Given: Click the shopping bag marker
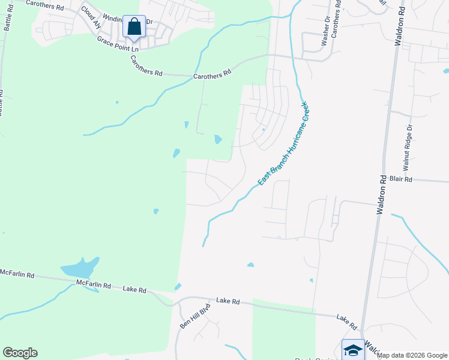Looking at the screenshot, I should [x=134, y=28].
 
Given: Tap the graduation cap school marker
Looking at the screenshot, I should [x=352, y=350].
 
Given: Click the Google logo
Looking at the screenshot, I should [x=20, y=353].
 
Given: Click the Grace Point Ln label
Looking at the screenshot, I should [x=118, y=44].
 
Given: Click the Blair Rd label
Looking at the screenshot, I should [x=401, y=179].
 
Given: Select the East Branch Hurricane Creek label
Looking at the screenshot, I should [x=283, y=143].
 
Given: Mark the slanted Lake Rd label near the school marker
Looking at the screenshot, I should [x=347, y=323].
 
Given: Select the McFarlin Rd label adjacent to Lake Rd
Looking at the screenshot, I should [x=94, y=284].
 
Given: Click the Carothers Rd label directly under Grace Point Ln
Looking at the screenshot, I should [x=146, y=66].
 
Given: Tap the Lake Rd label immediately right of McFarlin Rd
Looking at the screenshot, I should [x=134, y=290].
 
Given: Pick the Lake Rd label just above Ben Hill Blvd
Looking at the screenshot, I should [x=228, y=300].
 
